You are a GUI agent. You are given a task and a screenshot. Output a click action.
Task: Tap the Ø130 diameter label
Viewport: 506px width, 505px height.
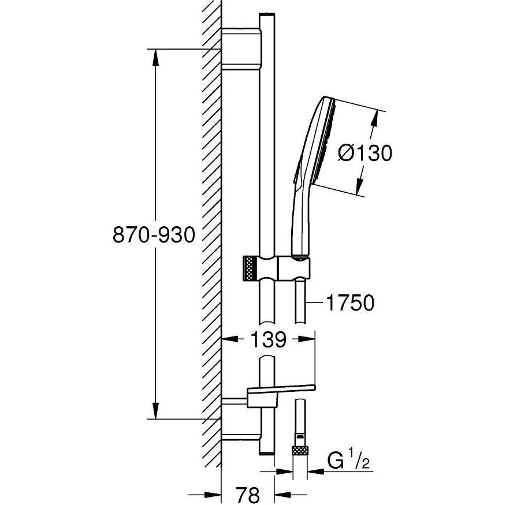[x=364, y=153]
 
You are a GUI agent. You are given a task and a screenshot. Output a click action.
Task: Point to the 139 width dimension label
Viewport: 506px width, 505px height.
[x=269, y=340]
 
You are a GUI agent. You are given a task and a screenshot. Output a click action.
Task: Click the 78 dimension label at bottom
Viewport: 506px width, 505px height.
[x=247, y=493]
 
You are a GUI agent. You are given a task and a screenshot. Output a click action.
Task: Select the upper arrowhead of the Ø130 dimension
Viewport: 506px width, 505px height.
[x=374, y=118]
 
